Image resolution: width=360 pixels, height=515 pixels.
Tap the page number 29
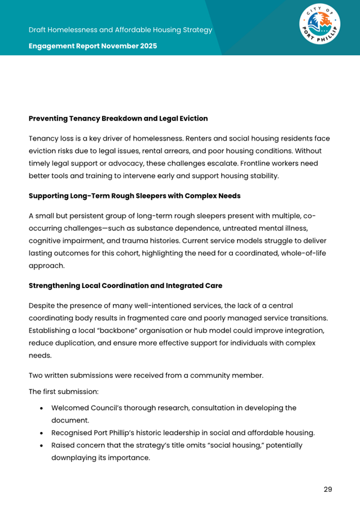point(327,489)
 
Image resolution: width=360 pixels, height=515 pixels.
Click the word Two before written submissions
point(37,376)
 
